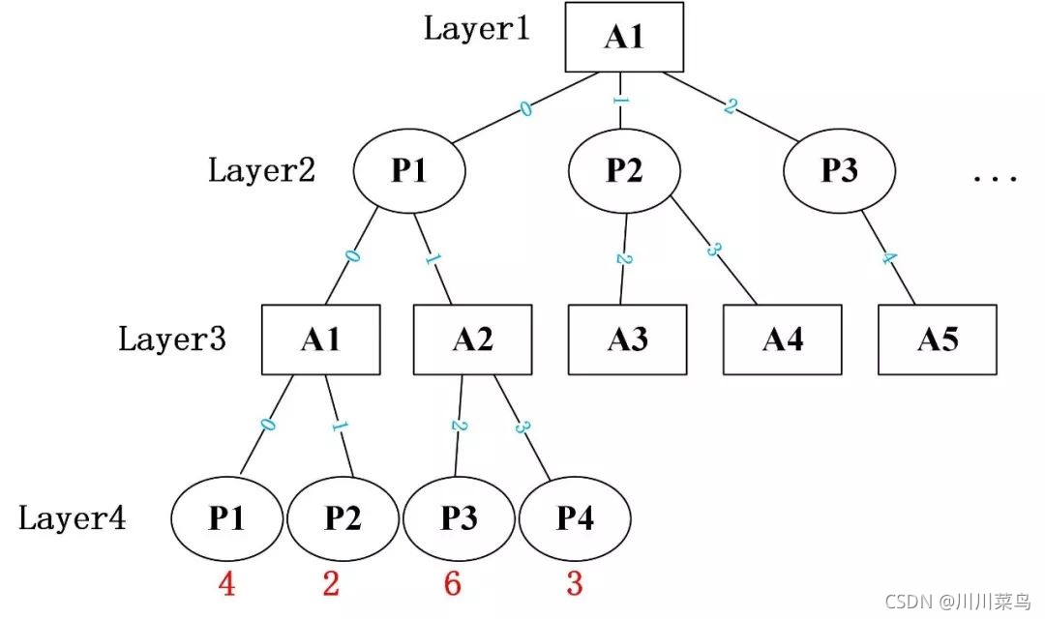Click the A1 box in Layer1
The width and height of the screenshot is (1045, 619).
[x=624, y=37]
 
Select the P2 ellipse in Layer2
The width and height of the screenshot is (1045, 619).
[x=624, y=170]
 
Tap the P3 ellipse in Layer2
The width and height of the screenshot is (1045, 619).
[x=839, y=170]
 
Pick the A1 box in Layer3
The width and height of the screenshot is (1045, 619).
[x=320, y=339]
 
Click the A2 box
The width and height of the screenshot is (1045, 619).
[x=472, y=339]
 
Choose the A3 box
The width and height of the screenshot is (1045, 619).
[x=627, y=339]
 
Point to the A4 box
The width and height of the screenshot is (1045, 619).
[x=783, y=339]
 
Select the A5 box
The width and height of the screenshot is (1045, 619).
[x=937, y=339]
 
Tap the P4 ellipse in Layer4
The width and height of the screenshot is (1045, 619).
[x=575, y=518]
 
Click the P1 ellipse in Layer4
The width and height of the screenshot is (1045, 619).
[x=226, y=518]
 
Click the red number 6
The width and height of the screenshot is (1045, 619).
[x=453, y=583]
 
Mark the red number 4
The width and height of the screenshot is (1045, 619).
[x=226, y=583]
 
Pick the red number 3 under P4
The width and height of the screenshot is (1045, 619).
[x=575, y=583]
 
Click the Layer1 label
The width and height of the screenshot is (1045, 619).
[x=477, y=29]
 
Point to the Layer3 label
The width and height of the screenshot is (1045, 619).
[x=172, y=339]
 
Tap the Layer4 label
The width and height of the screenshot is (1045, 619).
[x=72, y=517]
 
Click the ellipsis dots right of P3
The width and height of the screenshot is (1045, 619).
[x=995, y=178]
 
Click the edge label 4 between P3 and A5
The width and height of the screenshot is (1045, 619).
[x=889, y=258]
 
